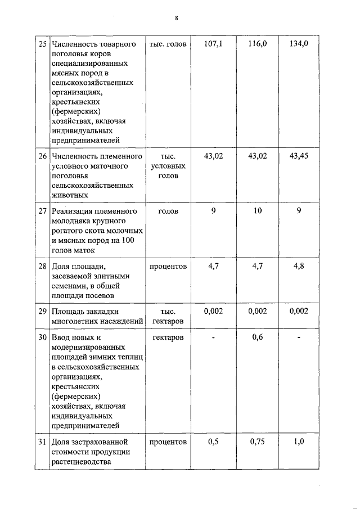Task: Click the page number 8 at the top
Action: click(176, 18)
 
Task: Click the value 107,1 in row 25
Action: click(213, 44)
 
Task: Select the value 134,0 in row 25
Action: click(299, 44)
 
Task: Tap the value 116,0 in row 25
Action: click(257, 44)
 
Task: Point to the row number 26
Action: click(42, 156)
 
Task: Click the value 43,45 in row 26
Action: click(299, 156)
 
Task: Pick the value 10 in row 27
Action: click(257, 211)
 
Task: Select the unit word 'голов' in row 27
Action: click(169, 211)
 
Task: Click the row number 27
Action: click(42, 211)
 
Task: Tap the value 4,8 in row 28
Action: click(299, 266)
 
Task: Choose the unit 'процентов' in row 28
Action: click(168, 266)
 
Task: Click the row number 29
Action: click(42, 311)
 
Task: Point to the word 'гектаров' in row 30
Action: click(168, 337)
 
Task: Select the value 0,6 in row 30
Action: click(257, 337)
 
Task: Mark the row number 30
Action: click(42, 337)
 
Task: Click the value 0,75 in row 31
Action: click(257, 442)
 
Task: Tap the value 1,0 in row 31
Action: click(299, 442)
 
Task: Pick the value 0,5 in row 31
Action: click(213, 442)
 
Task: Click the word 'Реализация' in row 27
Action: click(70, 211)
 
